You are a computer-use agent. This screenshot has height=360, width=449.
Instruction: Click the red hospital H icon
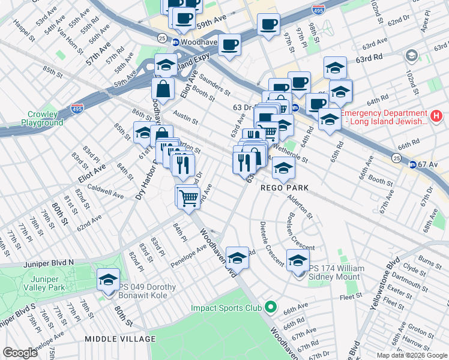tap(436, 116)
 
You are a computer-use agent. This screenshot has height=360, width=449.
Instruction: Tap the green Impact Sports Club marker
tap(270, 308)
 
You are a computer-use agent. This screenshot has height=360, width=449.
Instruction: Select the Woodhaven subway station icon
tap(176, 43)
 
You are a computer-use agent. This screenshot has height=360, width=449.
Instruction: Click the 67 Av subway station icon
tap(412, 164)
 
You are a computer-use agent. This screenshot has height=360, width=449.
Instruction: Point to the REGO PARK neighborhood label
tap(285, 188)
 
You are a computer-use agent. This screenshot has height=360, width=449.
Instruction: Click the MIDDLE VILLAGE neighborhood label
tap(120, 339)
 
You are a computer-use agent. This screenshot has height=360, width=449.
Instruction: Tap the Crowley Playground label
tap(42, 118)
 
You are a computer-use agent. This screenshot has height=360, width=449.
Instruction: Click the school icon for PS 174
tap(298, 261)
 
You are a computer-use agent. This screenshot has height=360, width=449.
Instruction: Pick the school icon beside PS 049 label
tap(108, 280)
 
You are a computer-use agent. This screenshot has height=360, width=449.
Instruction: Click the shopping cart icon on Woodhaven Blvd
tap(188, 196)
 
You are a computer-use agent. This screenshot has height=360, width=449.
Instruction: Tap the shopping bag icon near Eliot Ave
tap(163, 89)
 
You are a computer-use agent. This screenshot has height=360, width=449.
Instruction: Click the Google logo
tap(20, 352)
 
